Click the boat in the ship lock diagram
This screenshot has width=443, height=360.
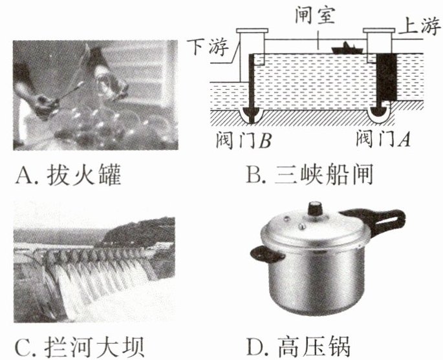coord(347,48)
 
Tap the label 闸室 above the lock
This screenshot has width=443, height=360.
coord(315,15)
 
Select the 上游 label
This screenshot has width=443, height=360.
coord(419,26)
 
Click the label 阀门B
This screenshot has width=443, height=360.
coord(244,140)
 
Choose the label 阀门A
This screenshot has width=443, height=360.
coord(383,138)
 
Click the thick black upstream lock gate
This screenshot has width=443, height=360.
coord(387,78)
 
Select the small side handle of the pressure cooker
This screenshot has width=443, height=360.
coord(266,253)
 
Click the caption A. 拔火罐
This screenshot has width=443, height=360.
coord(68,175)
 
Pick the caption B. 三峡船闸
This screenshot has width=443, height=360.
coord(310,175)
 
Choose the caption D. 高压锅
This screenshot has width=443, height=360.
coord(299,346)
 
